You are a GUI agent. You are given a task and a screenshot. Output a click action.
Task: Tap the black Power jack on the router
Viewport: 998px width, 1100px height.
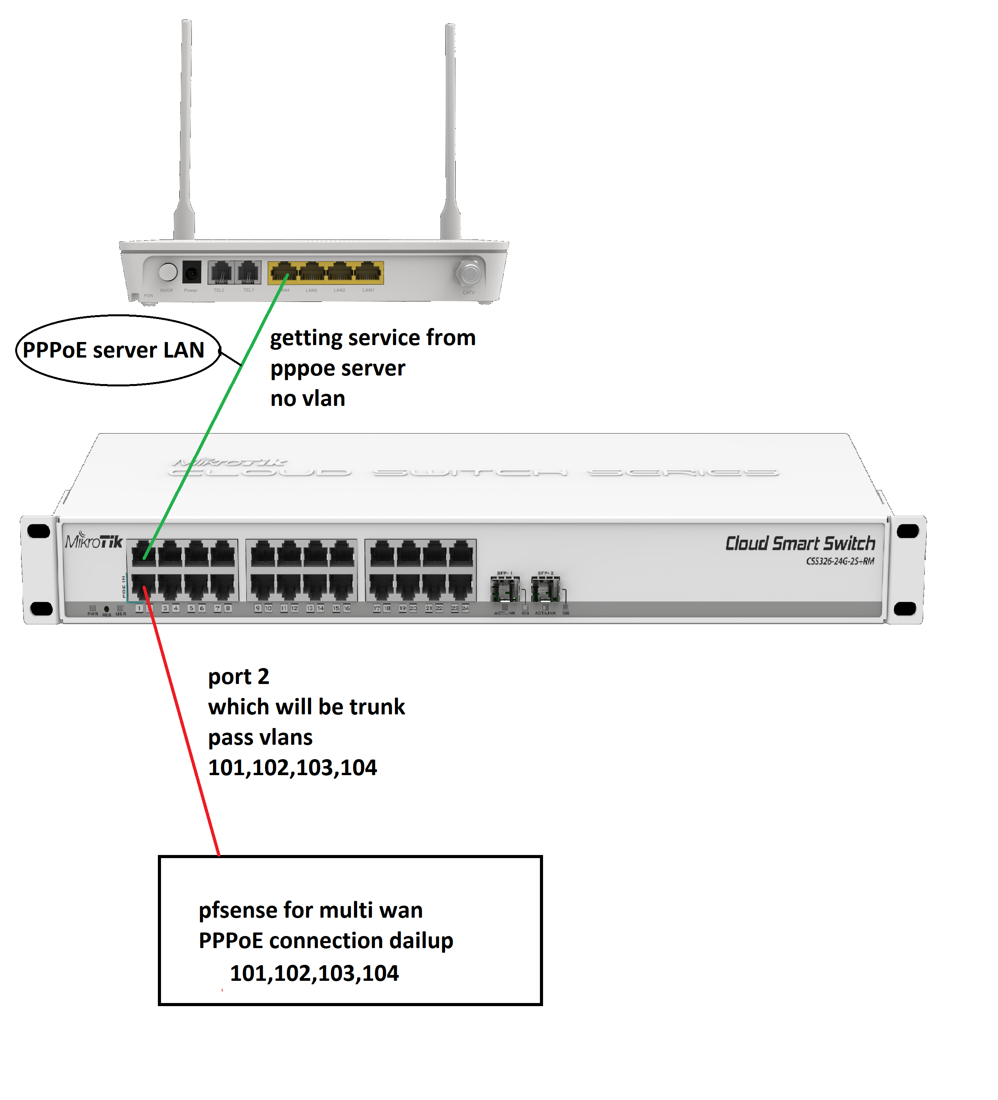click(x=191, y=272)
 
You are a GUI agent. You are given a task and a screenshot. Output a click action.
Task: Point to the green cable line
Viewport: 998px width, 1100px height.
click(x=218, y=415)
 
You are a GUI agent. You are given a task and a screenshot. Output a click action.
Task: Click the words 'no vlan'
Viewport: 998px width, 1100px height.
click(x=307, y=399)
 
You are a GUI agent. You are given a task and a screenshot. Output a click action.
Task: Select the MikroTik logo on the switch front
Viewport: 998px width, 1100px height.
click(x=94, y=541)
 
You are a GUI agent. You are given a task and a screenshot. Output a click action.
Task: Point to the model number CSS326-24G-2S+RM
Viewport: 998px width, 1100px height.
click(x=840, y=561)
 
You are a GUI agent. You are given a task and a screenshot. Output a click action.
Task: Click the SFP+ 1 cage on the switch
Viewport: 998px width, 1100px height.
click(x=504, y=589)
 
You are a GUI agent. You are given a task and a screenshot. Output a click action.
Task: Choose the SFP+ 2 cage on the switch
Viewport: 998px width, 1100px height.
click(x=545, y=589)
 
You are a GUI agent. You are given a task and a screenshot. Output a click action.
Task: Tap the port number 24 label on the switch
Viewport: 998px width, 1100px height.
click(x=465, y=608)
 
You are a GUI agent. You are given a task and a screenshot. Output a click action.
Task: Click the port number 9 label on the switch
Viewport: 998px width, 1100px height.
click(x=258, y=608)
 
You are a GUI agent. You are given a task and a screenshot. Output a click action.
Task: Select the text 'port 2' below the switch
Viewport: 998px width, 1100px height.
click(x=239, y=677)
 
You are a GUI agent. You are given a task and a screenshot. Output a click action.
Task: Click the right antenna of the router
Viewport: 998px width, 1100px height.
click(x=450, y=131)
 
